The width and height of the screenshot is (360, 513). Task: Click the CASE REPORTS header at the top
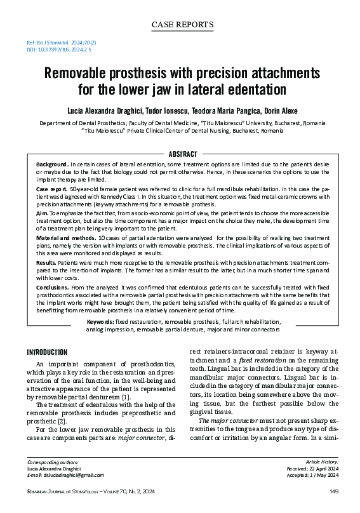pos(182,25)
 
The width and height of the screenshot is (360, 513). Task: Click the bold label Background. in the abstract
pos(52,164)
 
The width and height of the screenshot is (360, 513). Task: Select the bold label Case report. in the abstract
pos(51,190)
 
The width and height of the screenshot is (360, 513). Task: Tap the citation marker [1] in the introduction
pos(127,397)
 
